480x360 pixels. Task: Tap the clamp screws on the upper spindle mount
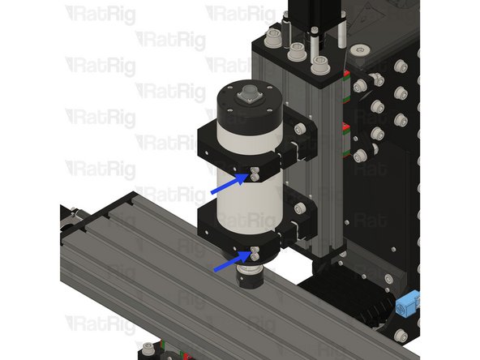click(255, 171)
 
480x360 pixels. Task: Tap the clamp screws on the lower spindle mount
click(254, 254)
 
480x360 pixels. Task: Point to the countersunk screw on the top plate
click(360, 53)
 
